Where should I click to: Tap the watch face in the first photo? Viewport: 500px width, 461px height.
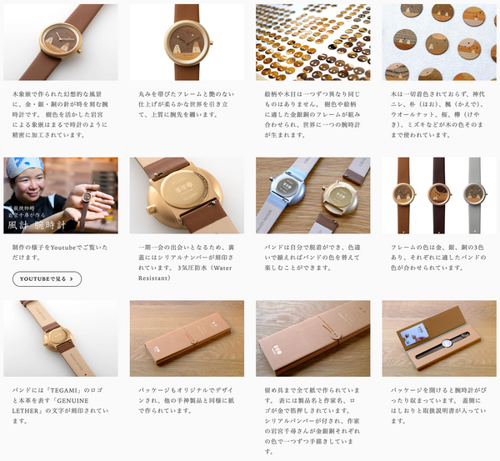[x=62, y=38]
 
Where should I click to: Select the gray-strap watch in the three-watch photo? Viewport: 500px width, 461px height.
[x=474, y=197]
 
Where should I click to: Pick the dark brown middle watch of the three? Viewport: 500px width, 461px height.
[x=439, y=197]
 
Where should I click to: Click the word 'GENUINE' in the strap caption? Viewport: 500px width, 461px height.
[x=92, y=401]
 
